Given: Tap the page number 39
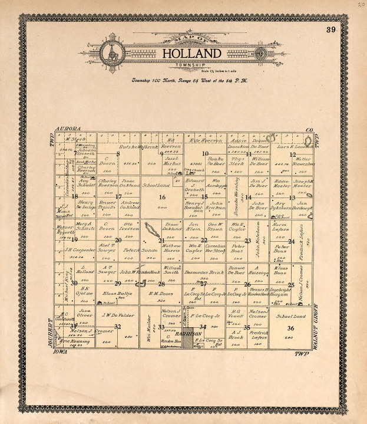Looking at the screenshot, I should click(330, 30).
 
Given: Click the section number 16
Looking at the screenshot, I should click(162, 198).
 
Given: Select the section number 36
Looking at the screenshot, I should click(290, 328).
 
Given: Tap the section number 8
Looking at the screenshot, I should click(118, 155).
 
